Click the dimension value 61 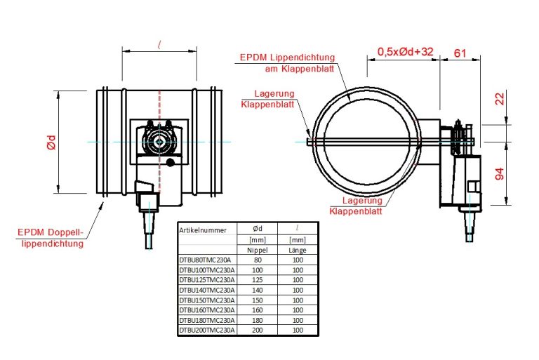point(460,53)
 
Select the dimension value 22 point(499,99)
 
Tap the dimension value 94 point(499,173)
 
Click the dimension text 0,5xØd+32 point(405,52)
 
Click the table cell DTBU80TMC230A point(206,259)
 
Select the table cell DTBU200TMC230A point(207,329)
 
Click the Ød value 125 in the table point(257,279)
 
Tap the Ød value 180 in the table point(257,319)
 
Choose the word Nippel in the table point(257,249)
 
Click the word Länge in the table point(298,249)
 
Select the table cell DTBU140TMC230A point(207,289)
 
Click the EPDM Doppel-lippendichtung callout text point(51,238)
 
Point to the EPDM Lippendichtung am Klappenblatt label point(287,62)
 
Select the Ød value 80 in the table point(257,259)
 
